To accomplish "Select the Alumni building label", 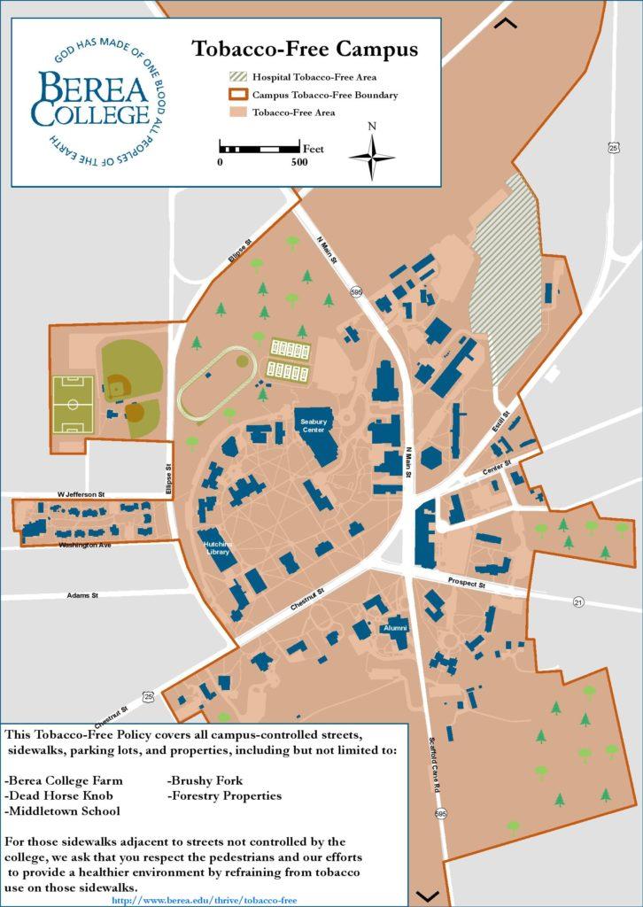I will pos(395,628).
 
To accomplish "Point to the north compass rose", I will pos(372,156).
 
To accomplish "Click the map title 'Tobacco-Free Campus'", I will pos(305,49).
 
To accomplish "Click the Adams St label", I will pos(82,595).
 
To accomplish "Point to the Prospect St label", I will pos(467,585).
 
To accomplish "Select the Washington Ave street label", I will pos(85,545).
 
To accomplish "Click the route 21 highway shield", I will pos(578,602).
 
